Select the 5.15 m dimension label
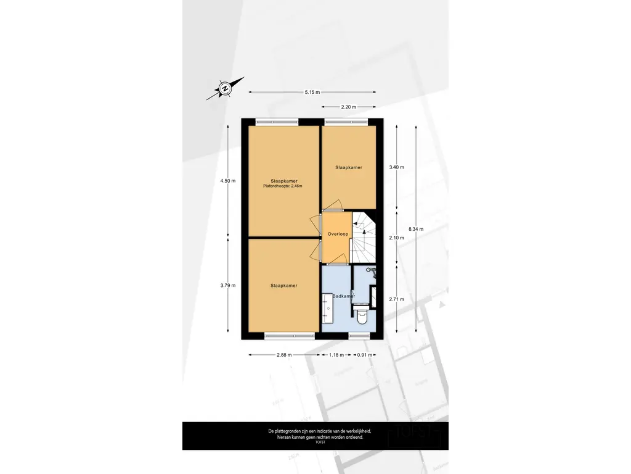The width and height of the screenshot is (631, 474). click(312, 92)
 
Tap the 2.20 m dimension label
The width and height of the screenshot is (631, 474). click(349, 107)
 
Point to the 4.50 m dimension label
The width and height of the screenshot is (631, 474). click(228, 181)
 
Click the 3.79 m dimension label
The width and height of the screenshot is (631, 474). click(228, 285)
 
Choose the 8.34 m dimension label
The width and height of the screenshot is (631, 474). click(416, 229)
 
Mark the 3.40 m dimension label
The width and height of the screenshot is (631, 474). click(396, 167)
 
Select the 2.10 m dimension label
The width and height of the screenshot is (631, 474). click(396, 238)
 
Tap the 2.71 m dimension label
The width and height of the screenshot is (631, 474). click(396, 299)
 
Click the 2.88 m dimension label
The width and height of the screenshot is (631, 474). click(284, 355)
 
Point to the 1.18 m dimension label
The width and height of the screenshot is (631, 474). click(336, 355)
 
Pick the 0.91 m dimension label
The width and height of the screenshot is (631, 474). click(365, 355)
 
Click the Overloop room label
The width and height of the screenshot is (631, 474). click(338, 234)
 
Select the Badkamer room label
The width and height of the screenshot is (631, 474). click(344, 296)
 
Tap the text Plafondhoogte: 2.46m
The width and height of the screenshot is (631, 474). click(282, 186)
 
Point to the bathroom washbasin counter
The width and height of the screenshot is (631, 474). click(327, 308)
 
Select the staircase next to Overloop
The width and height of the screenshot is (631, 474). click(364, 238)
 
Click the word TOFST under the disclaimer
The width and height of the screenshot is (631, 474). click(320, 442)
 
